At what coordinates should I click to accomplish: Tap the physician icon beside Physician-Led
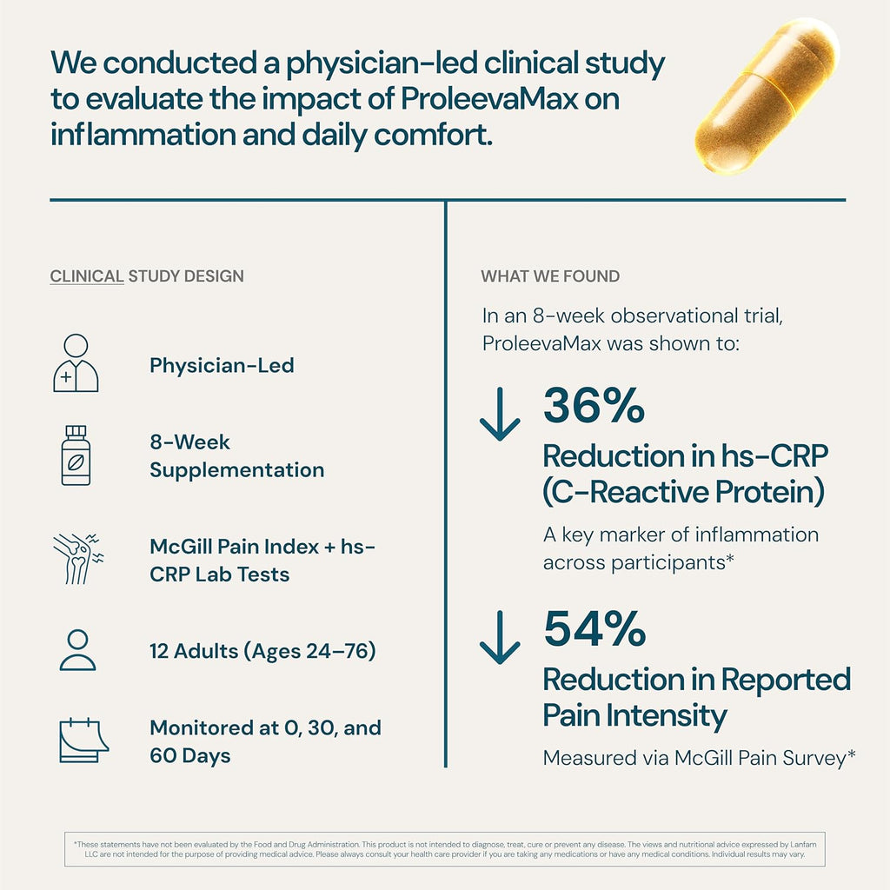(x=76, y=363)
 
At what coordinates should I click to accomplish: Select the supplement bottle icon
(x=76, y=455)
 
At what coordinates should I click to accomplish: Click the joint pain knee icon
(x=77, y=558)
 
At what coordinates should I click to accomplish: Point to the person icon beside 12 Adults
(x=77, y=650)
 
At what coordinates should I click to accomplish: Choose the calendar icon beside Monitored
(x=83, y=740)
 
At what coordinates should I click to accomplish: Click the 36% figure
(x=594, y=406)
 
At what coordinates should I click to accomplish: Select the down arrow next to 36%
(x=500, y=414)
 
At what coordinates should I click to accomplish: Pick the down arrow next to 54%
(x=500, y=638)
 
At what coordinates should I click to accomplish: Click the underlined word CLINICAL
(x=87, y=276)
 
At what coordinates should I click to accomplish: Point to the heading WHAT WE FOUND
(x=550, y=276)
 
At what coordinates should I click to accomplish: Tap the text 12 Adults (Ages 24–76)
(x=262, y=650)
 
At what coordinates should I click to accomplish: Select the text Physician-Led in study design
(x=222, y=365)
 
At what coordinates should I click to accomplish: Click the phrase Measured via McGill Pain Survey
(x=700, y=758)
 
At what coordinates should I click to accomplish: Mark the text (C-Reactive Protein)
(x=683, y=493)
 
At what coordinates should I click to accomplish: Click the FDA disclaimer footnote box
(x=444, y=848)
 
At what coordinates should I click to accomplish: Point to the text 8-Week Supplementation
(x=236, y=455)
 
